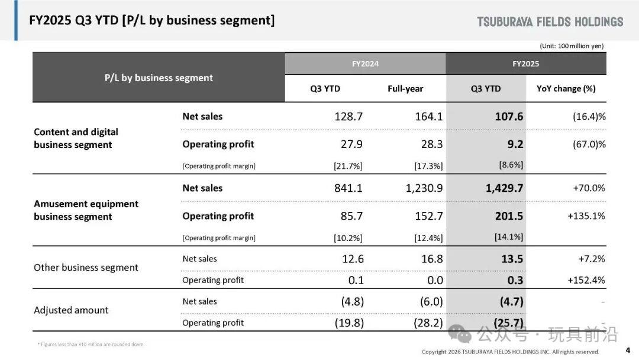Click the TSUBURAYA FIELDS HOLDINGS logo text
(x=550, y=22)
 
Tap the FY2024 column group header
(x=365, y=64)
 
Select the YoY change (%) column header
(x=566, y=89)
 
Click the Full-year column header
(x=405, y=89)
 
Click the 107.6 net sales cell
(x=509, y=117)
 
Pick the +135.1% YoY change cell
(x=586, y=216)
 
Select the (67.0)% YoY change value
(x=589, y=144)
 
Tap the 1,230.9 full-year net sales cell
(x=424, y=188)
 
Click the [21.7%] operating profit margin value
(x=348, y=166)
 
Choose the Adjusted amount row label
(x=71, y=310)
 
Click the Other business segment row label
(x=86, y=268)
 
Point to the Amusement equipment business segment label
(x=86, y=210)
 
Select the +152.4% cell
(x=586, y=280)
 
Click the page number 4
(x=628, y=350)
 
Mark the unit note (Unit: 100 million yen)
(x=572, y=46)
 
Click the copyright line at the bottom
(x=510, y=352)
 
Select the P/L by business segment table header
(x=159, y=78)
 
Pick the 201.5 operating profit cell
(x=509, y=216)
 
